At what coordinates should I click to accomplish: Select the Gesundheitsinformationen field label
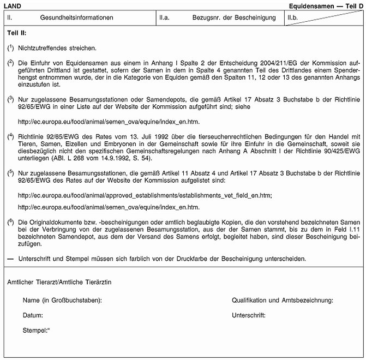pyautogui.click(x=76, y=17)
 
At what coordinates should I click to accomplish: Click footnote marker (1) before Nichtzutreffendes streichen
pyautogui.click(x=10, y=48)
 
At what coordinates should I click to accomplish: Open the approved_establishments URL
pyautogui.click(x=145, y=195)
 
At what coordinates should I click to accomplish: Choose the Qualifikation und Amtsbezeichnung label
pyautogui.click(x=283, y=300)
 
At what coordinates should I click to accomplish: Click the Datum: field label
pyautogui.click(x=33, y=315)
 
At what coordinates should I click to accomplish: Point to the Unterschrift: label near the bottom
pyautogui.click(x=249, y=315)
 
